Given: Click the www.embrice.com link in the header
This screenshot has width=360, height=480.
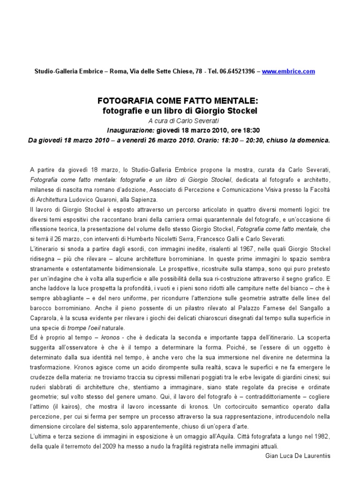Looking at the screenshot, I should tap(288, 71).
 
